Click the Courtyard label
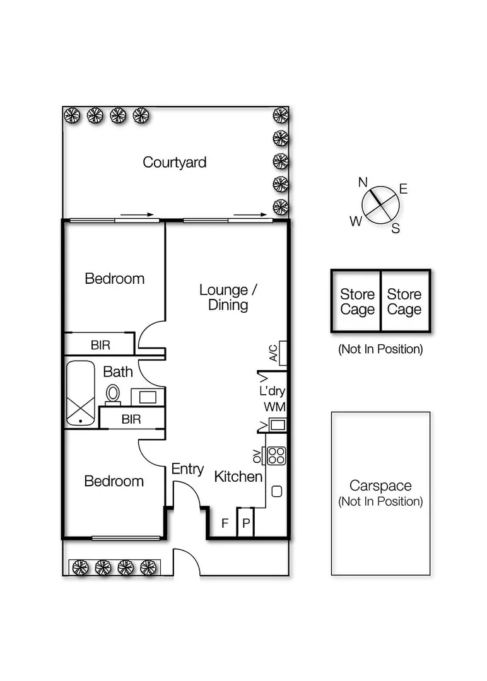pos(174,162)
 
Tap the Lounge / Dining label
pos(228,298)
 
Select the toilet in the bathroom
pos(113,393)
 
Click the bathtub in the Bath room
pos(81,393)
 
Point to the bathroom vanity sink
pos(148,397)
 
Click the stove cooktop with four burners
pos(276,455)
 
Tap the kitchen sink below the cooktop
pos(276,491)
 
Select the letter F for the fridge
pos(224,523)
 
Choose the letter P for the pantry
pos(246,523)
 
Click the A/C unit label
pos(273,353)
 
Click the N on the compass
pos(363,182)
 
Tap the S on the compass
pos(396,229)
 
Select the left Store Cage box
pos(356,301)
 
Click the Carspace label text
pos(380,486)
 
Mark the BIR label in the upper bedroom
pos(100,346)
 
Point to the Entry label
pos(187,469)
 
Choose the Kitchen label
pos(238,477)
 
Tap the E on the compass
pos(403,189)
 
